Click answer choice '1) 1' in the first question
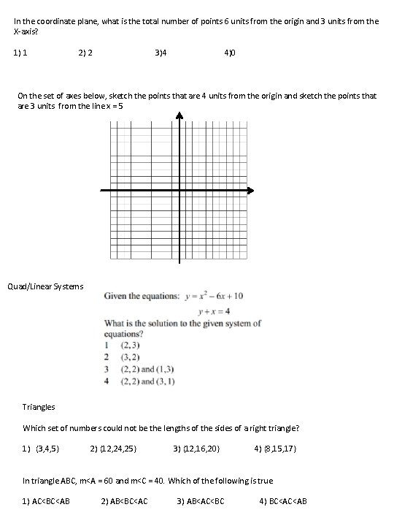[20, 53]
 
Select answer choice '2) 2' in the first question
[85, 53]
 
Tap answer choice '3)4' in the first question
[161, 53]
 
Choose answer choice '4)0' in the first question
[230, 53]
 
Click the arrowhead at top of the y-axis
[179, 115]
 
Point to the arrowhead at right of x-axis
[250, 191]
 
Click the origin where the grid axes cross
[179, 191]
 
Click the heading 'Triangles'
[39, 407]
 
